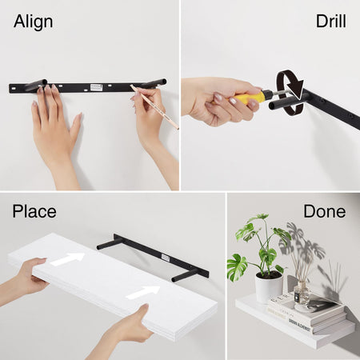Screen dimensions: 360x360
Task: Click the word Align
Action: tap(34, 22)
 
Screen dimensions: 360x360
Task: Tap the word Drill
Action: tap(331, 21)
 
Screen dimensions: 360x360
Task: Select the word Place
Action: tap(34, 211)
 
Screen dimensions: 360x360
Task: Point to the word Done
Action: tap(325, 211)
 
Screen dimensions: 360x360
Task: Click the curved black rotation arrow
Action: tap(290, 93)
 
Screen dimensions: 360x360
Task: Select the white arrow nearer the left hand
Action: tap(67, 259)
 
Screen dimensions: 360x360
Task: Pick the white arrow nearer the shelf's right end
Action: tap(143, 292)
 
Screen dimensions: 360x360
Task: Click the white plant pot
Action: tap(269, 287)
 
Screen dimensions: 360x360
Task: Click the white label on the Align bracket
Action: tap(96, 87)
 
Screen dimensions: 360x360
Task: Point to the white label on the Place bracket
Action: tap(166, 258)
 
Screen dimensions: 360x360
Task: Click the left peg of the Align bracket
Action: tap(37, 85)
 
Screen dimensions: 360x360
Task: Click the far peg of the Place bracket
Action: tap(106, 244)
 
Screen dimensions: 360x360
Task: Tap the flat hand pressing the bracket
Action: tap(54, 128)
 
